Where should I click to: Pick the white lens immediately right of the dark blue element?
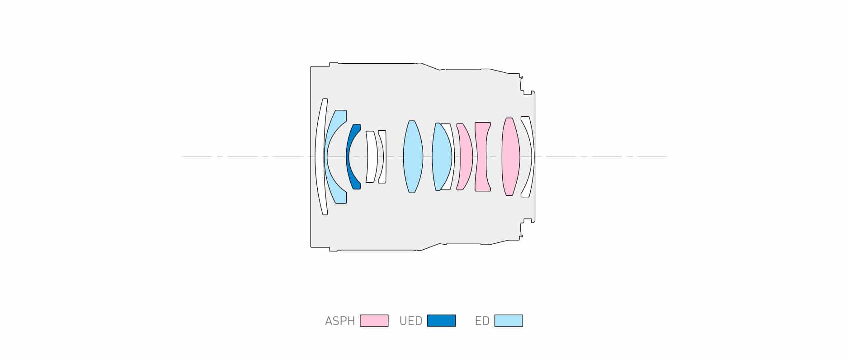(x=372, y=156)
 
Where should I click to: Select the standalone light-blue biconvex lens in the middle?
(x=413, y=156)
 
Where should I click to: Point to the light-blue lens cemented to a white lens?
(x=441, y=156)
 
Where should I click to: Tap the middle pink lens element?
(x=482, y=156)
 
